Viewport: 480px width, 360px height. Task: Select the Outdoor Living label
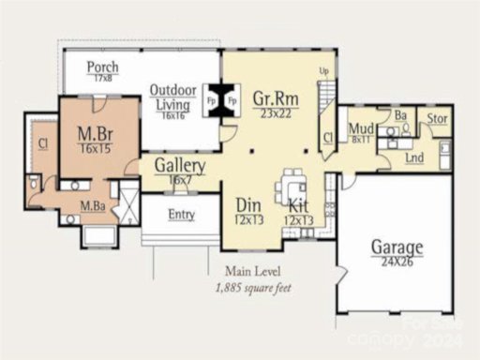[172, 97]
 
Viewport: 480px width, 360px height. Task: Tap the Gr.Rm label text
[274, 97]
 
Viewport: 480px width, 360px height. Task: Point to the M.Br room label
[96, 133]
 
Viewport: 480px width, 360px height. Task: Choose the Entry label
[181, 215]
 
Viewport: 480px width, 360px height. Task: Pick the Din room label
[248, 205]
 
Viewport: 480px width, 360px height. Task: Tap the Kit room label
[298, 205]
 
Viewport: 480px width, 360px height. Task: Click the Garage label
[396, 247]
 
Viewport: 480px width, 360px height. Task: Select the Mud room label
[362, 128]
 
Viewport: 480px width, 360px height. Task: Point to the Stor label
[437, 119]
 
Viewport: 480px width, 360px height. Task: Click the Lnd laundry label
[413, 158]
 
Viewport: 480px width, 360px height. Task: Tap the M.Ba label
[92, 206]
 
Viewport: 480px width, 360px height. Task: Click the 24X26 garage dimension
[396, 263]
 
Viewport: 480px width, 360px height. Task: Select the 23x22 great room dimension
[274, 112]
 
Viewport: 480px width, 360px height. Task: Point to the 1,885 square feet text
[253, 288]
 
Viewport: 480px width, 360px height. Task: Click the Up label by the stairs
[325, 71]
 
